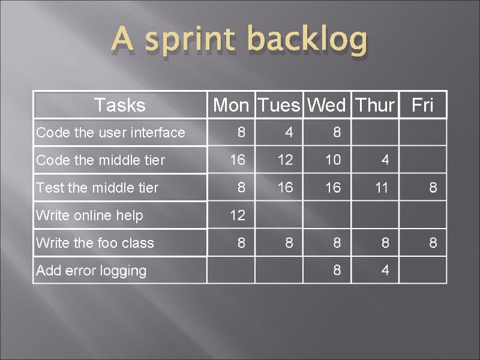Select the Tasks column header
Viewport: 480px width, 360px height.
pos(120,106)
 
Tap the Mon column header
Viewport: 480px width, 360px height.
pos(231,106)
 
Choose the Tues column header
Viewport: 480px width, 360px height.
pos(279,106)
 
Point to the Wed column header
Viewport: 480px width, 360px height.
pos(326,106)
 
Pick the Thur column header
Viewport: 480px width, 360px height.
pos(375,106)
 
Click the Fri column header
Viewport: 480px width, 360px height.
pos(423,106)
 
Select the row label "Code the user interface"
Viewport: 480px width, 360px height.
pos(110,133)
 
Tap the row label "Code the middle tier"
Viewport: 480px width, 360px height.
pos(100,160)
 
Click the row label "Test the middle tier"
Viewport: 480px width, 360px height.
pos(97,188)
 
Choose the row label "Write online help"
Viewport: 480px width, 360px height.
pos(89,215)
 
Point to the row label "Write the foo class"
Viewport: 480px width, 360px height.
pos(95,243)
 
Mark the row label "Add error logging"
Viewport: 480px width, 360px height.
pos(91,271)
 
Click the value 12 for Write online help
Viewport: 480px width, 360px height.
pos(238,215)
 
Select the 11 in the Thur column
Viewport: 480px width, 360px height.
pos(382,188)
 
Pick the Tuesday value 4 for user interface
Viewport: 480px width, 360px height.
pos(289,132)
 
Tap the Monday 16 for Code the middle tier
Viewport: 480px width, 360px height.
pos(238,160)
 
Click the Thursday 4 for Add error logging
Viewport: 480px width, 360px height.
pos(385,271)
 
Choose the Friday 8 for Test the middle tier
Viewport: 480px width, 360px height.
pos(433,188)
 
